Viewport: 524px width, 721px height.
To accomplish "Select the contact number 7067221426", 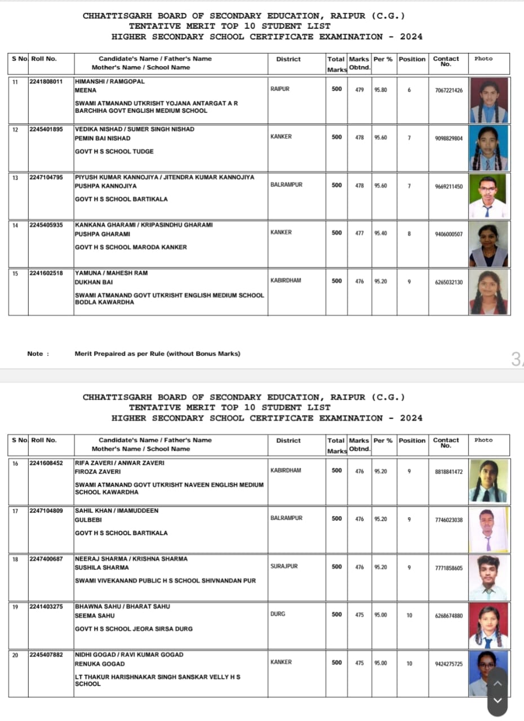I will (449, 90).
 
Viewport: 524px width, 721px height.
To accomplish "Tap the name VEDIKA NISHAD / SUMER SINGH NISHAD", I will (135, 130).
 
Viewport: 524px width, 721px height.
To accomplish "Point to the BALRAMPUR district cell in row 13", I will (286, 185).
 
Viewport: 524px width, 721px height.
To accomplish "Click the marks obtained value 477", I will (359, 234).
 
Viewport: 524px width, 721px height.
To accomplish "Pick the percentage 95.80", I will (381, 90).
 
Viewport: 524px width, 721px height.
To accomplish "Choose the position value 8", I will (409, 234).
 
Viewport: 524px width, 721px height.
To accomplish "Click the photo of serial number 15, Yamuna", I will (489, 292).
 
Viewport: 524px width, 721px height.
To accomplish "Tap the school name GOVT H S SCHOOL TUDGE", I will (114, 152).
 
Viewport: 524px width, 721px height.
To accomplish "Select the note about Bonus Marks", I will (157, 354).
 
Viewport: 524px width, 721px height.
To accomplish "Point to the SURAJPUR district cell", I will (284, 566).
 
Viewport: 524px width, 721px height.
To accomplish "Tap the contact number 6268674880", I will (449, 616).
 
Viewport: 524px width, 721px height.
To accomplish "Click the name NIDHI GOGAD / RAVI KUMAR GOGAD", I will (129, 655).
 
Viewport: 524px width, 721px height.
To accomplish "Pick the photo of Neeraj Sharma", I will (489, 578).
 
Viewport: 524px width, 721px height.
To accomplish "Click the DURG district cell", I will (278, 614).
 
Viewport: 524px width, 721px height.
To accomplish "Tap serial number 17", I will (15, 511).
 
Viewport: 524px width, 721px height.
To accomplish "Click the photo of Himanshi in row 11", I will (489, 100).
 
